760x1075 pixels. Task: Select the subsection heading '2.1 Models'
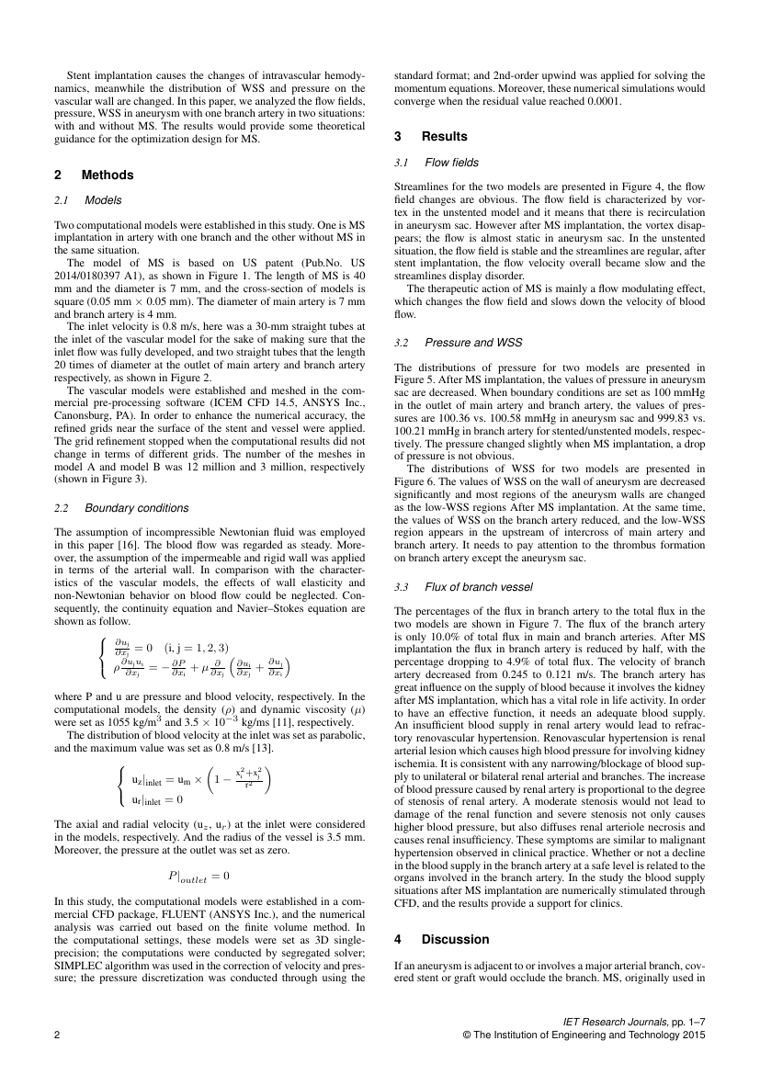tap(89, 200)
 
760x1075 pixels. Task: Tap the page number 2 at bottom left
tap(58, 1035)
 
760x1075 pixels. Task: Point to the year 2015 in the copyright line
tap(692, 1035)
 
